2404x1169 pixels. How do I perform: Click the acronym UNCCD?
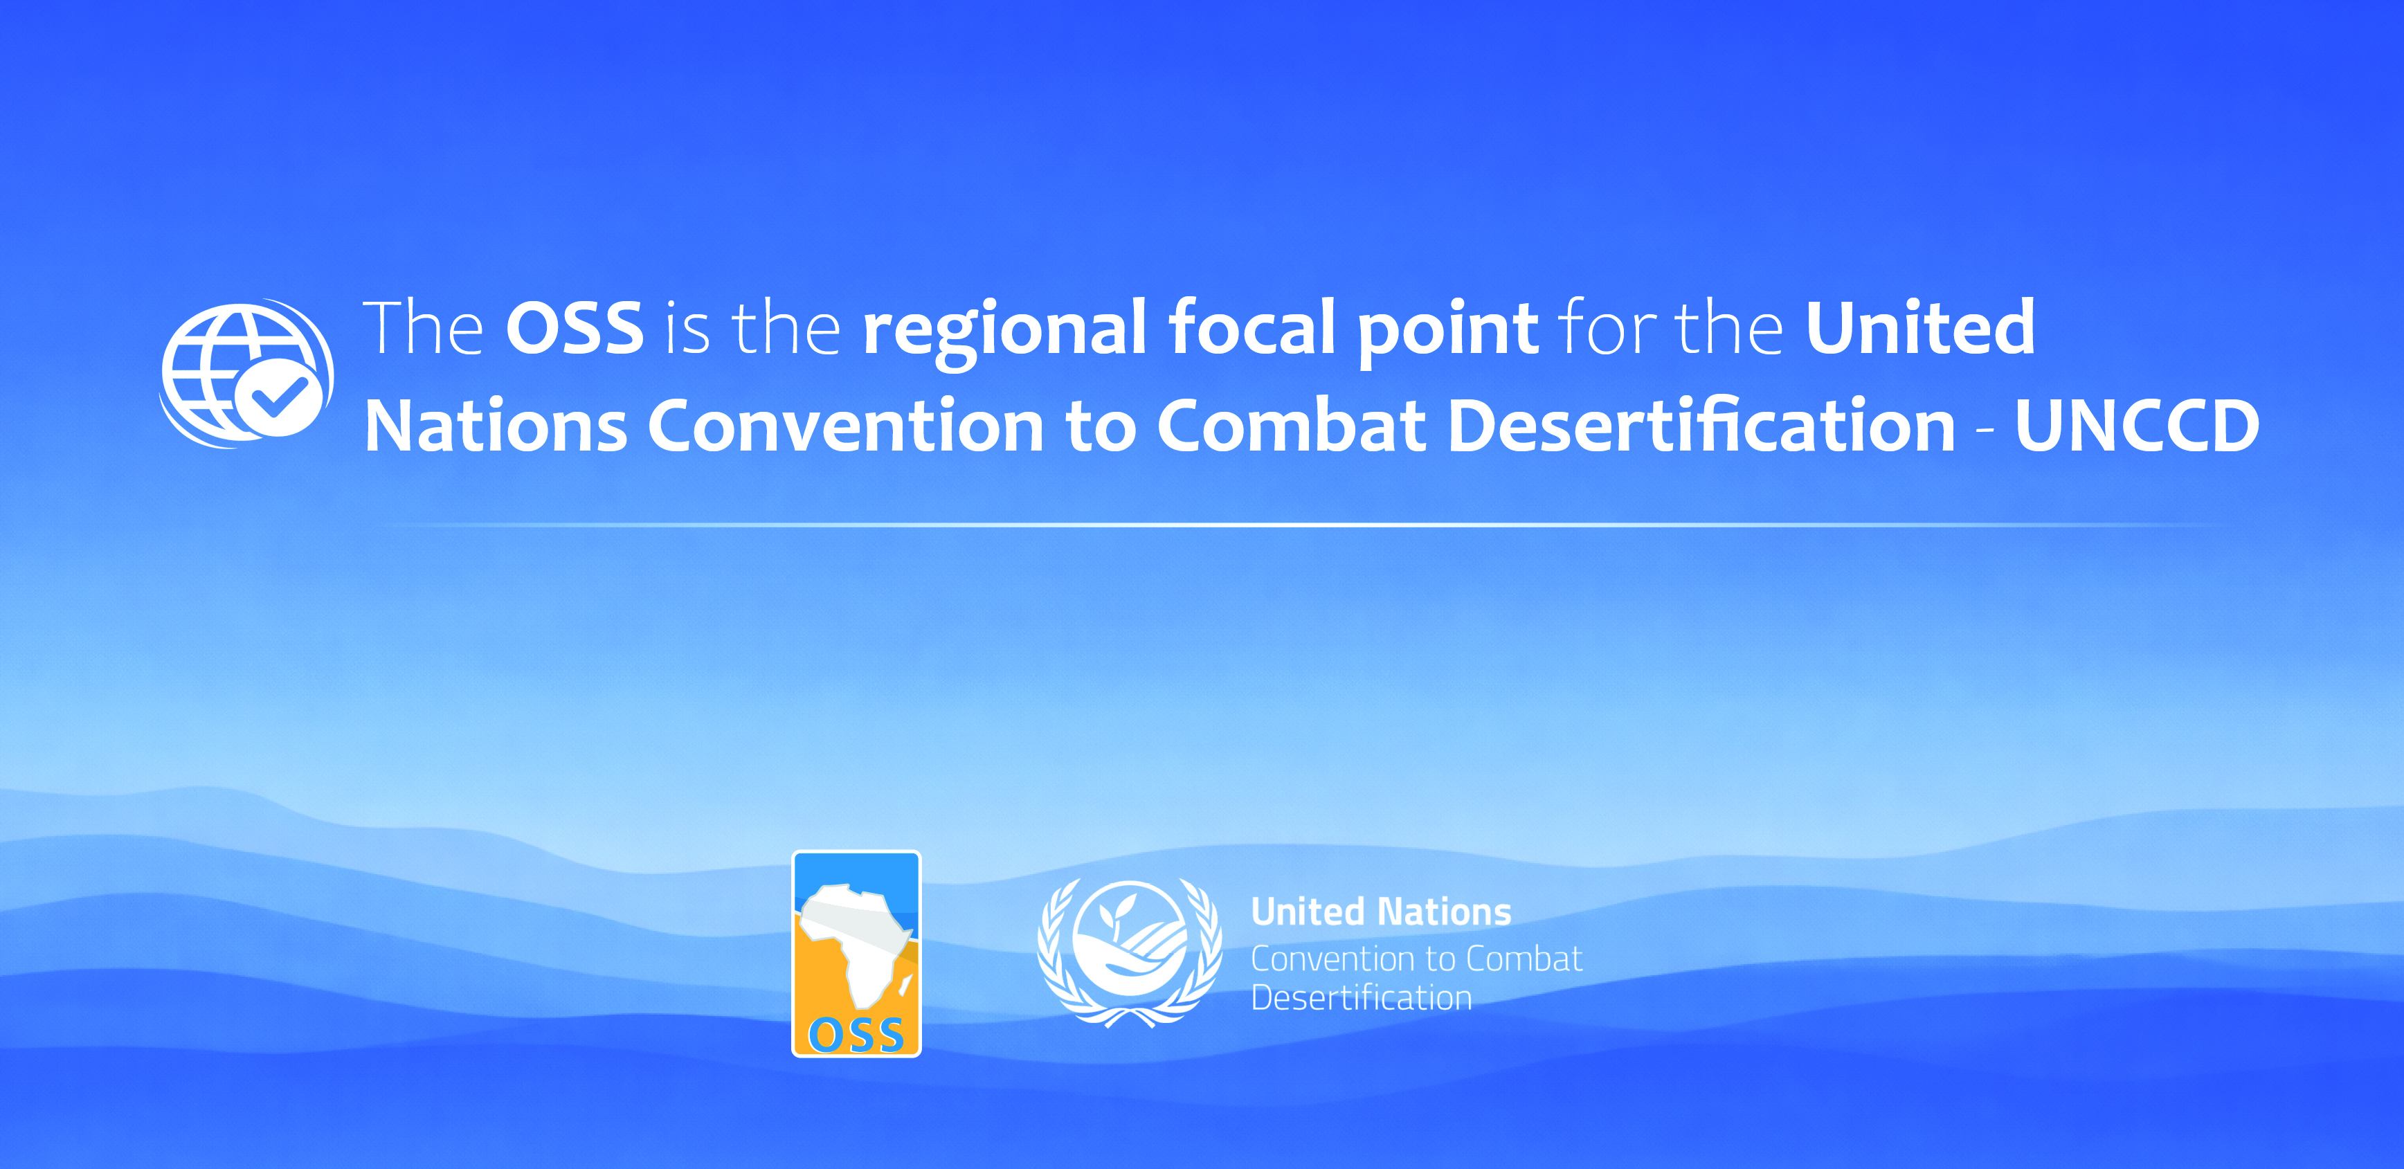pyautogui.click(x=2136, y=426)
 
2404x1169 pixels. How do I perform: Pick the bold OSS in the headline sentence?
pyautogui.click(x=574, y=328)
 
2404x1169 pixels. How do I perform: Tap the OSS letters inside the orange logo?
pyautogui.click(x=856, y=1035)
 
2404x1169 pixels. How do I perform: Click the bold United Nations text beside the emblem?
pyautogui.click(x=1380, y=912)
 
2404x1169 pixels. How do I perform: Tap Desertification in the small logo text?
pyautogui.click(x=1361, y=998)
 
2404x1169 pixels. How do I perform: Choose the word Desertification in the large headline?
pyautogui.click(x=1700, y=426)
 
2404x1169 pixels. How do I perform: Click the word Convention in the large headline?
pyautogui.click(x=844, y=426)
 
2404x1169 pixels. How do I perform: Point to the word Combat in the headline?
pyautogui.click(x=1292, y=426)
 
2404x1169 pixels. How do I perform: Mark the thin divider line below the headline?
pyautogui.click(x=1307, y=525)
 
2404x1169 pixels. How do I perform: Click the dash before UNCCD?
pyautogui.click(x=1985, y=430)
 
